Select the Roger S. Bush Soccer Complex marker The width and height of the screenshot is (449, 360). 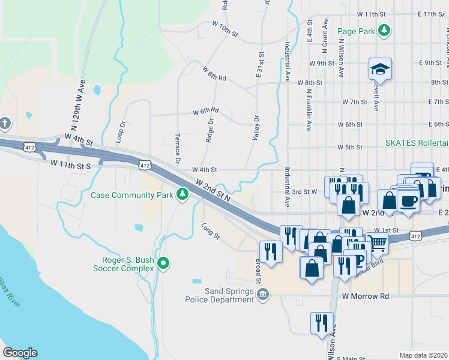point(163,263)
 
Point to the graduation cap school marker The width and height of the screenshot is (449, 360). point(380,69)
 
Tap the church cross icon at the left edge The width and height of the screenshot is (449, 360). point(5,124)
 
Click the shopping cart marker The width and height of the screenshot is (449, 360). point(377,243)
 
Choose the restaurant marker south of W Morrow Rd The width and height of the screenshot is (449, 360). point(322,323)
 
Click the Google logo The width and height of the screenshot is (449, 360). point(20,352)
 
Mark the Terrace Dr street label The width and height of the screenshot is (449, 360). point(178,148)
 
